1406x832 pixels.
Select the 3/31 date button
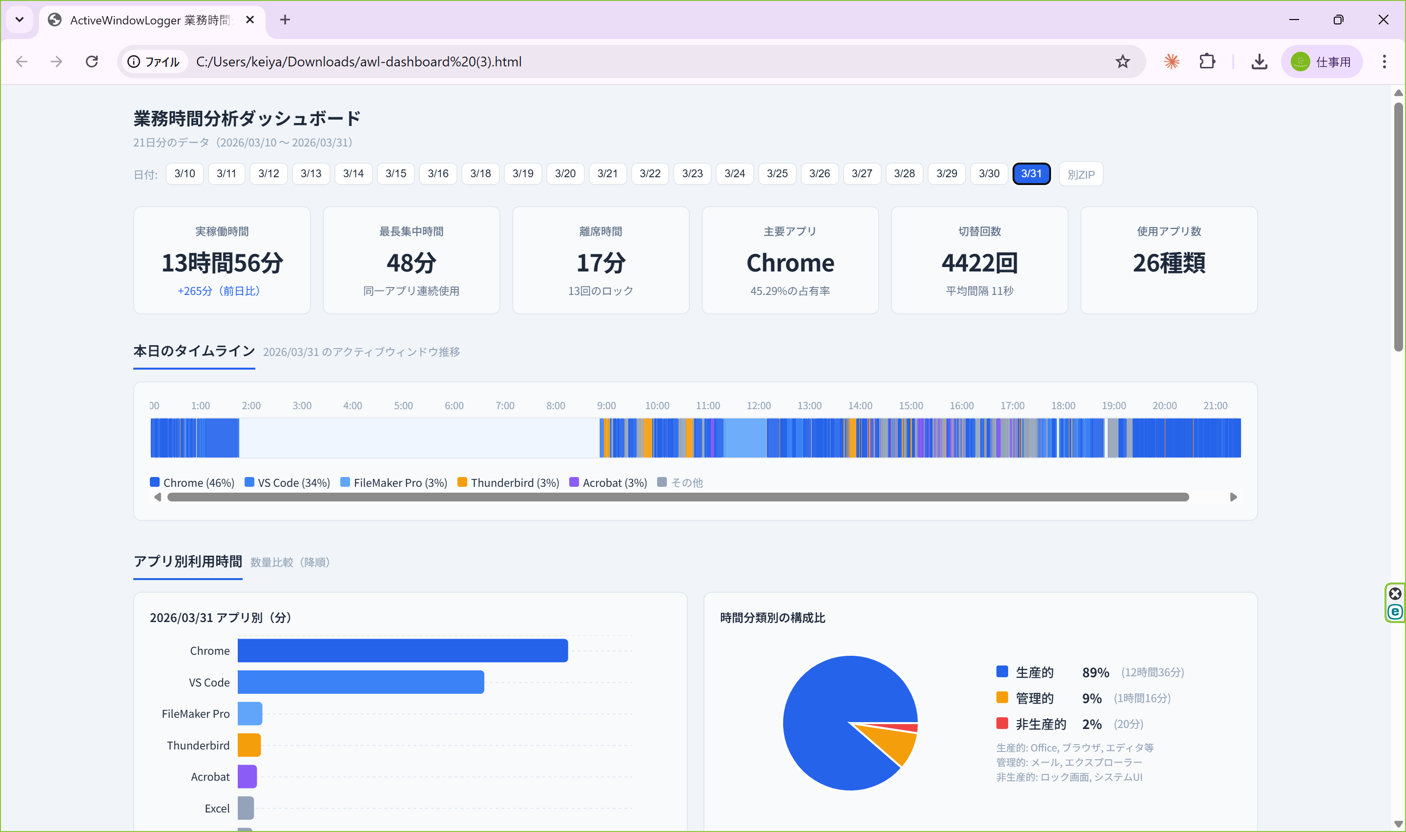[x=1031, y=174]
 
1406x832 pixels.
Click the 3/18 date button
[x=480, y=174]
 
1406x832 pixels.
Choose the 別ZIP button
[x=1080, y=174]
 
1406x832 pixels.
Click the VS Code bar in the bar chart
[x=360, y=682]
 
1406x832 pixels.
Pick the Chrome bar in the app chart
[x=402, y=650]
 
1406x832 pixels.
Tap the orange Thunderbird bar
[x=249, y=745]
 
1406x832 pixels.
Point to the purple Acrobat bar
[x=247, y=776]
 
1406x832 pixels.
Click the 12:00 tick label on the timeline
[x=758, y=405]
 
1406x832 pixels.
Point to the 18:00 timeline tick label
[x=1062, y=405]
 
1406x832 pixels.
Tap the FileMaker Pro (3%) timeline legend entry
[x=394, y=483]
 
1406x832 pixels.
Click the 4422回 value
[x=979, y=263]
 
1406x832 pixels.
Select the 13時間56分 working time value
[x=222, y=263]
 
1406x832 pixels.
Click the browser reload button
[x=92, y=62]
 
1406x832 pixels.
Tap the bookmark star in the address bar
[x=1122, y=62]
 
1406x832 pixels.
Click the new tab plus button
[x=285, y=20]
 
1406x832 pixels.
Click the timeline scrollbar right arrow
[x=1233, y=497]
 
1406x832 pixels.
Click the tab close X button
[x=250, y=20]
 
